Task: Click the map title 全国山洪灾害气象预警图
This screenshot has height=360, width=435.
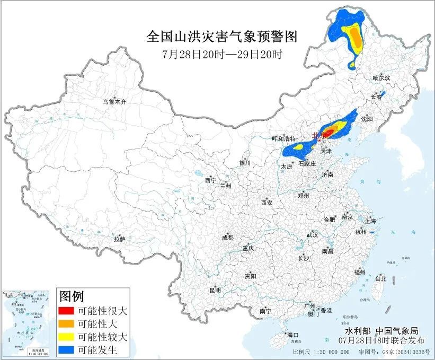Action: pos(221,37)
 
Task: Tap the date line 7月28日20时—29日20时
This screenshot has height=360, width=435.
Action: pos(221,54)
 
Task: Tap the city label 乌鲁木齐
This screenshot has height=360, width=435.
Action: pos(114,101)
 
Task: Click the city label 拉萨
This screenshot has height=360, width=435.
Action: pos(119,239)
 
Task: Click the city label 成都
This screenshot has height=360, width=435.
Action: pos(228,238)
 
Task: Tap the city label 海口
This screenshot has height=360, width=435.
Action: pos(292,335)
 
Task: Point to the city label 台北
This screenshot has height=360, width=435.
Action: pos(380,278)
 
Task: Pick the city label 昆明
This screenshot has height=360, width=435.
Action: pos(215,290)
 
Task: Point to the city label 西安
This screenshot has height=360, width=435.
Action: pos(266,203)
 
